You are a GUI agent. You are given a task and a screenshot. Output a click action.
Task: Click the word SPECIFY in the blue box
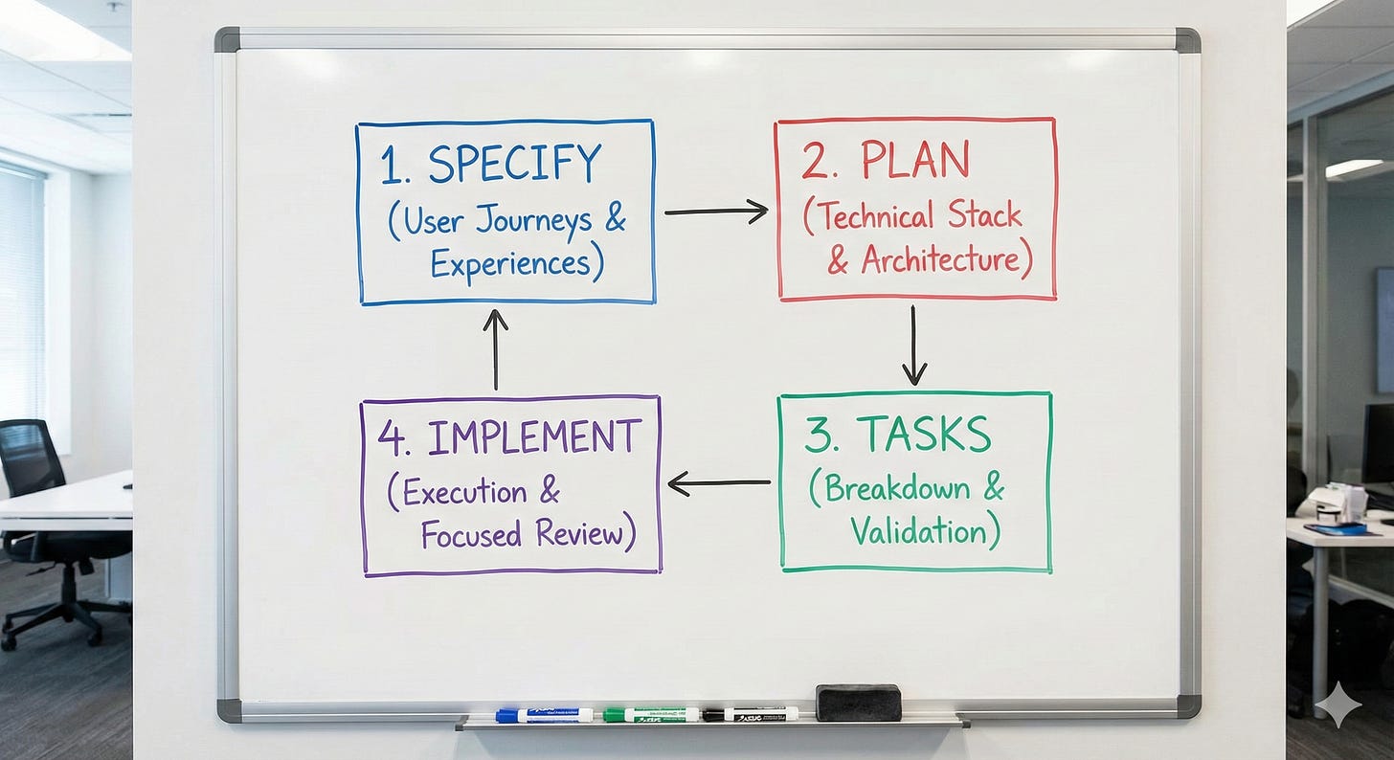[x=516, y=164]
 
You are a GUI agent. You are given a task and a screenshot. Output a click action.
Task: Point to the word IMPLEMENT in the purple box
[x=534, y=437]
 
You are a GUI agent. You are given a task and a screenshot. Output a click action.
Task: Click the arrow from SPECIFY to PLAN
[x=715, y=211]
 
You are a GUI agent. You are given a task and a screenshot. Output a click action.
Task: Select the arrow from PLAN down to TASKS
[x=914, y=345]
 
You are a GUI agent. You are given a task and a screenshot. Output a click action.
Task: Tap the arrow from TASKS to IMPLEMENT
[x=718, y=483]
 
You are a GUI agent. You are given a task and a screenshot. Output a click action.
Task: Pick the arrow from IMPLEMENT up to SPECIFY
[x=495, y=348]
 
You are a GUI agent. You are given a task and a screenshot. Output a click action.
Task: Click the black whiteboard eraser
[x=858, y=702]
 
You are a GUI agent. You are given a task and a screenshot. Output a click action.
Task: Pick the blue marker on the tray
[x=544, y=715]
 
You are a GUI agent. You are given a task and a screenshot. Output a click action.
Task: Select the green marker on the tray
[x=651, y=714]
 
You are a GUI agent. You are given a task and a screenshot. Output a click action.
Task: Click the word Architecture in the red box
[x=938, y=260]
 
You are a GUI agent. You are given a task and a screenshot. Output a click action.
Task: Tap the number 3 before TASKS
[x=818, y=436]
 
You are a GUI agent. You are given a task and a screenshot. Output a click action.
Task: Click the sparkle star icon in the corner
[x=1338, y=705]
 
